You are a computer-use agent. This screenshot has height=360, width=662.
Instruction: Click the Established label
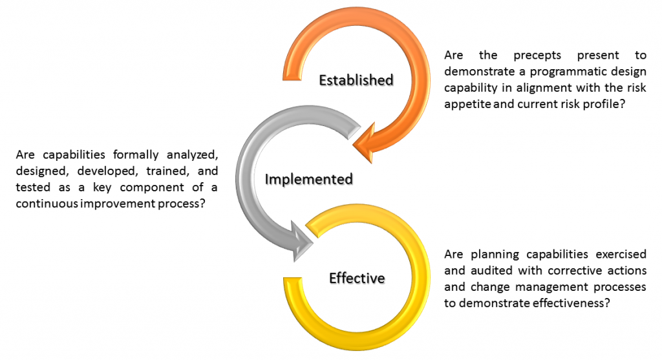[x=356, y=80]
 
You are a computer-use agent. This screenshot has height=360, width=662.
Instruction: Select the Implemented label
[x=308, y=179]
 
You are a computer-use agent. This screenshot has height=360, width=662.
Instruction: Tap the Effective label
[x=357, y=279]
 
